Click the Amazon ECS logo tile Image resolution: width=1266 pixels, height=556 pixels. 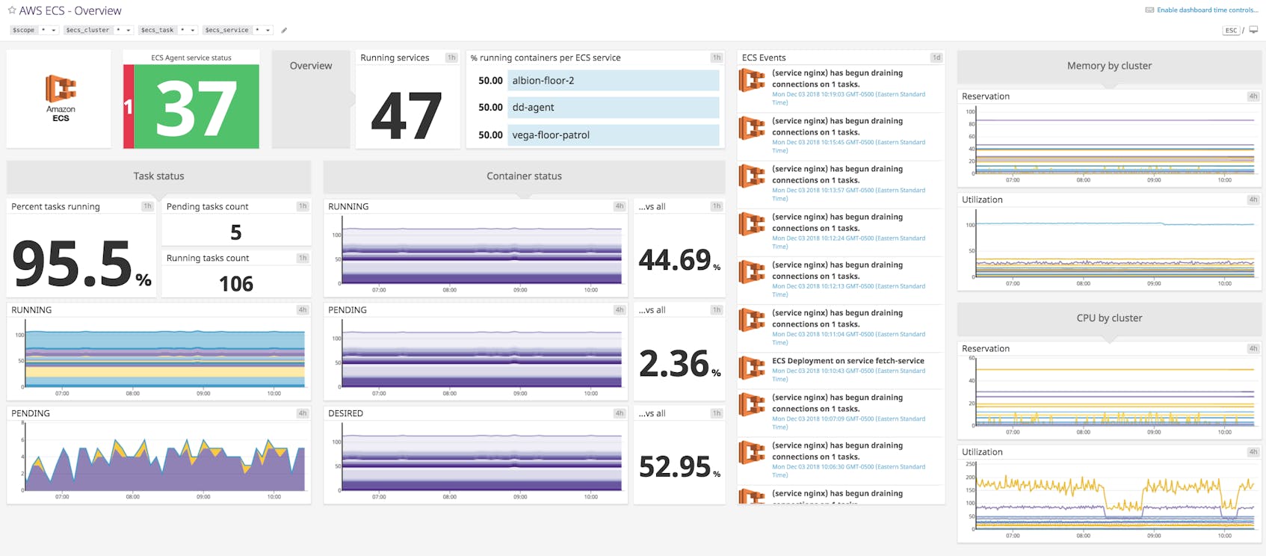tap(60, 98)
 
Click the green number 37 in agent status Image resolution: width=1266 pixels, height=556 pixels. tap(197, 108)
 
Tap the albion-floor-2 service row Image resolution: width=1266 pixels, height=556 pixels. tap(613, 81)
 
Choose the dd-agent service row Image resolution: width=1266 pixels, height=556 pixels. tap(613, 108)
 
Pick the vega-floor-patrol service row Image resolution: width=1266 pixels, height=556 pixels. tap(613, 135)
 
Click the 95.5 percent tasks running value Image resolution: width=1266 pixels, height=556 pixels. tap(73, 264)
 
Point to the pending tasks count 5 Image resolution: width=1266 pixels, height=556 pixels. tap(236, 233)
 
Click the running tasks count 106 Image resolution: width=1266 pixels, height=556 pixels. tap(236, 284)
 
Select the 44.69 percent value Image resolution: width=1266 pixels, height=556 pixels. tap(675, 260)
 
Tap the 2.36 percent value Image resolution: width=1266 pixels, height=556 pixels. tap(675, 364)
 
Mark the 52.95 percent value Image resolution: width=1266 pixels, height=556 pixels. tap(675, 467)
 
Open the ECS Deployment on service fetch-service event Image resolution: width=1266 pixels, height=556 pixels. tap(847, 361)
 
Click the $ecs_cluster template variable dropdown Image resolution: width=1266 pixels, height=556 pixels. tap(98, 30)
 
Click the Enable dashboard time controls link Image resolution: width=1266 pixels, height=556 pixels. tap(1206, 10)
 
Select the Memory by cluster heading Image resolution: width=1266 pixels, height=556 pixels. tap(1109, 66)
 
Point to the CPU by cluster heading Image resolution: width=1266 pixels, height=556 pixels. tap(1109, 318)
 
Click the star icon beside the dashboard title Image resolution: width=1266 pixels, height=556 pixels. tap(11, 10)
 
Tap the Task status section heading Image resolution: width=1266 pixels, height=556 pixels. tap(158, 176)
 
